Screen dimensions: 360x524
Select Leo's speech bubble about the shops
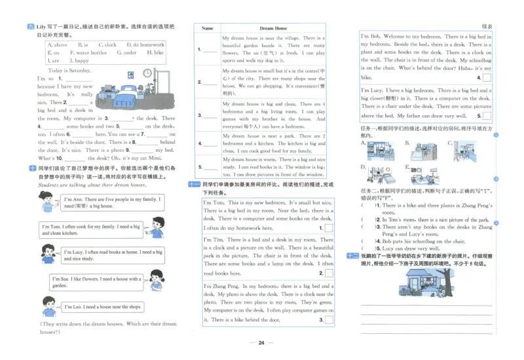click(x=103, y=306)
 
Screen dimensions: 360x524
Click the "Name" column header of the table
click(x=208, y=29)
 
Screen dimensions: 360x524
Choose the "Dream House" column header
click(x=273, y=29)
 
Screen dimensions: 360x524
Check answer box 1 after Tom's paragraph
click(x=329, y=228)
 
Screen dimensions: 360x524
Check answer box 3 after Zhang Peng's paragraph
click(x=329, y=319)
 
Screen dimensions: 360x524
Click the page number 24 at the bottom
click(x=261, y=343)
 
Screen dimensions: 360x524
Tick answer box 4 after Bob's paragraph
click(x=486, y=77)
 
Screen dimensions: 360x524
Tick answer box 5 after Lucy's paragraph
click(x=486, y=116)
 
